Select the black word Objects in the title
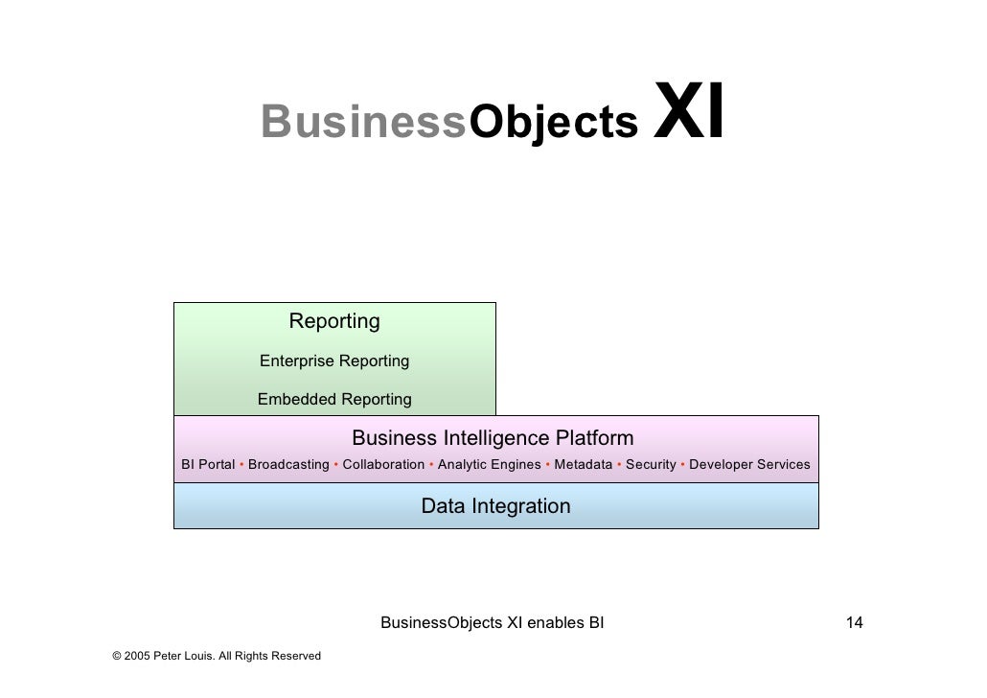[553, 123]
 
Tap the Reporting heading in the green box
[334, 321]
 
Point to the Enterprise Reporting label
[334, 361]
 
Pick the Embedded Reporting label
[334, 400]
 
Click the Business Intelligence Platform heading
[493, 439]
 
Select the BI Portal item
[208, 465]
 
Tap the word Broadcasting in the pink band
[288, 465]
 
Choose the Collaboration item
[383, 465]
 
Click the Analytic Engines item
[489, 465]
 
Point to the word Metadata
[583, 465]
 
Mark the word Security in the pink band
[651, 465]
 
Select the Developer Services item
[749, 465]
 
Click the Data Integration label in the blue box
[495, 506]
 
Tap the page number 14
[854, 624]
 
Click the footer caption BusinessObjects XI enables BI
[493, 624]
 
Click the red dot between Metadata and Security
[619, 464]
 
